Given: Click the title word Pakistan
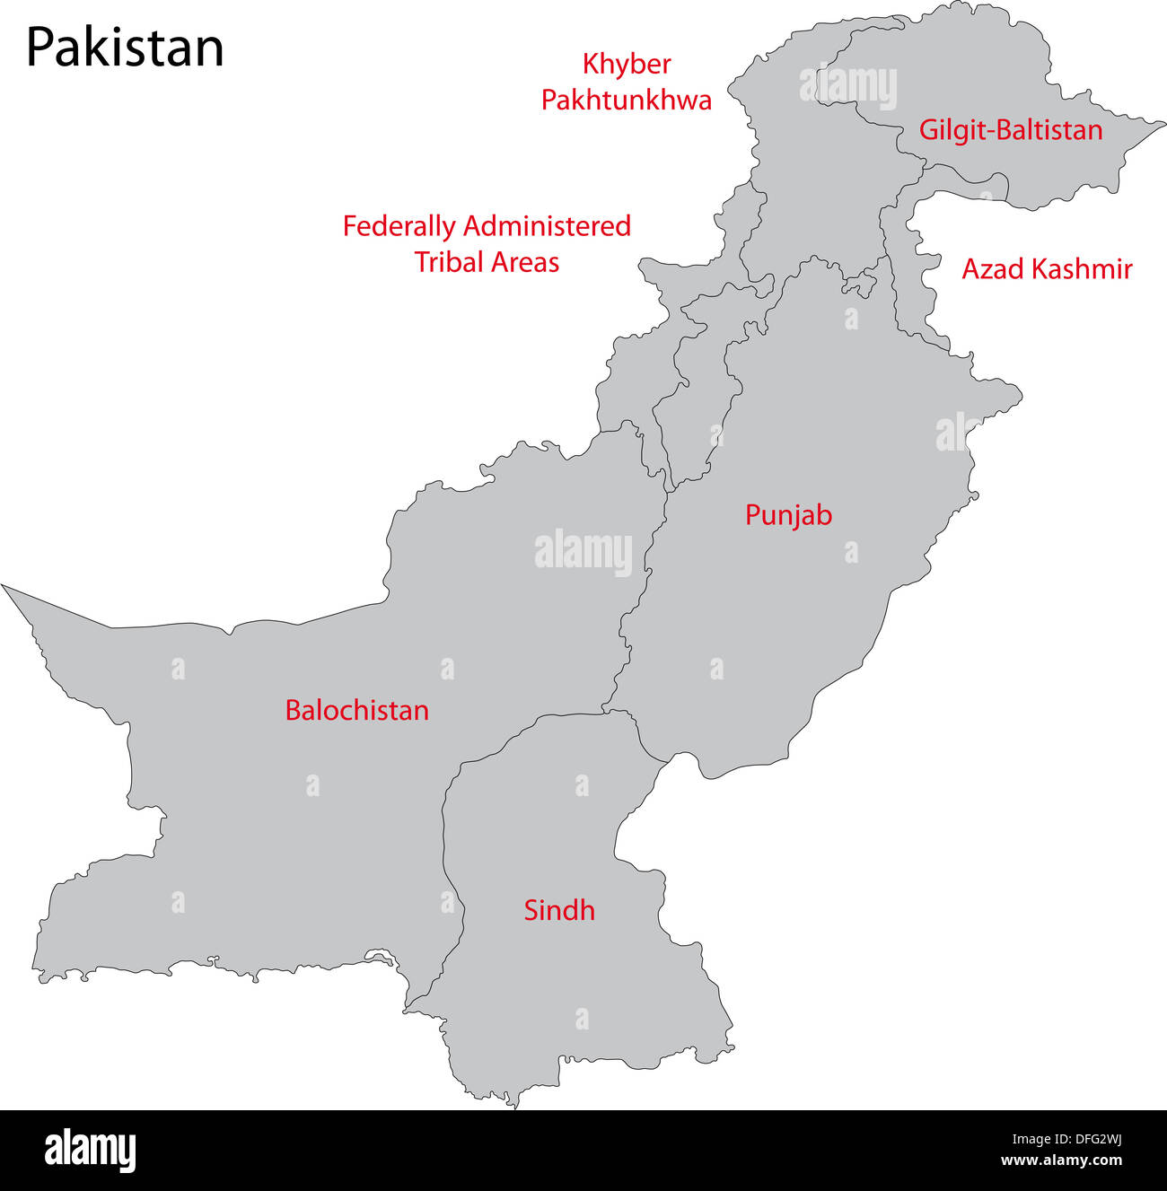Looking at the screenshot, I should pos(125,48).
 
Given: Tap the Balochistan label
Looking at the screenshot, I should pos(356,710).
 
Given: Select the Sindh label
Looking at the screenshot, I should pos(559,910).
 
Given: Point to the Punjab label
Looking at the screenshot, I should pos(788,515).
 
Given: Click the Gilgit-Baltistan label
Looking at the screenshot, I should pos(1010,130).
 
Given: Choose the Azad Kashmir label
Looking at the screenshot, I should pos(1047,268).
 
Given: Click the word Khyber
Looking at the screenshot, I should pos(627,65).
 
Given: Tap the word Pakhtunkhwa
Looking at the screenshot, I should pos(626,100).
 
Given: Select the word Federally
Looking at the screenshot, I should pos(399,226).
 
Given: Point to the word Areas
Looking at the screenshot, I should pos(524,262).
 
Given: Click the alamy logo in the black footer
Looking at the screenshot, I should pos(91,1150).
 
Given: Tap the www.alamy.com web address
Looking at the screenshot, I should pos(1061,1160).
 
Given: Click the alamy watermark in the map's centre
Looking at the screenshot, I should pos(583,552).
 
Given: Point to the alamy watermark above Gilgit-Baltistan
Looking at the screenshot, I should pos(847,87).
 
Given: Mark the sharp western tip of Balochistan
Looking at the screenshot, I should pos(4,587).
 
